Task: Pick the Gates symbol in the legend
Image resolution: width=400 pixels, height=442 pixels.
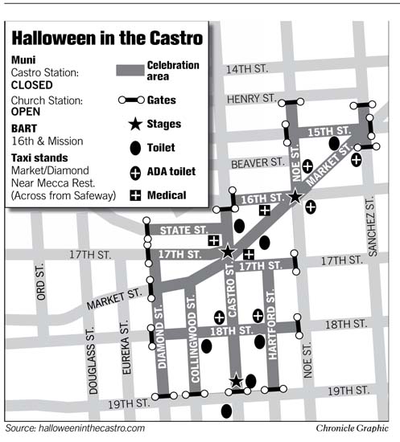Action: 135,100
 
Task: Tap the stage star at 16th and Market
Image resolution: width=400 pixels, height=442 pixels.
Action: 295,197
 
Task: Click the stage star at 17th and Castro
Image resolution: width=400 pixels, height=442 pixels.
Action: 228,252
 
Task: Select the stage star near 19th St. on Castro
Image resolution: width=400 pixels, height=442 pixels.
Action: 236,380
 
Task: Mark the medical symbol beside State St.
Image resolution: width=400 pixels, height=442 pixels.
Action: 214,240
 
